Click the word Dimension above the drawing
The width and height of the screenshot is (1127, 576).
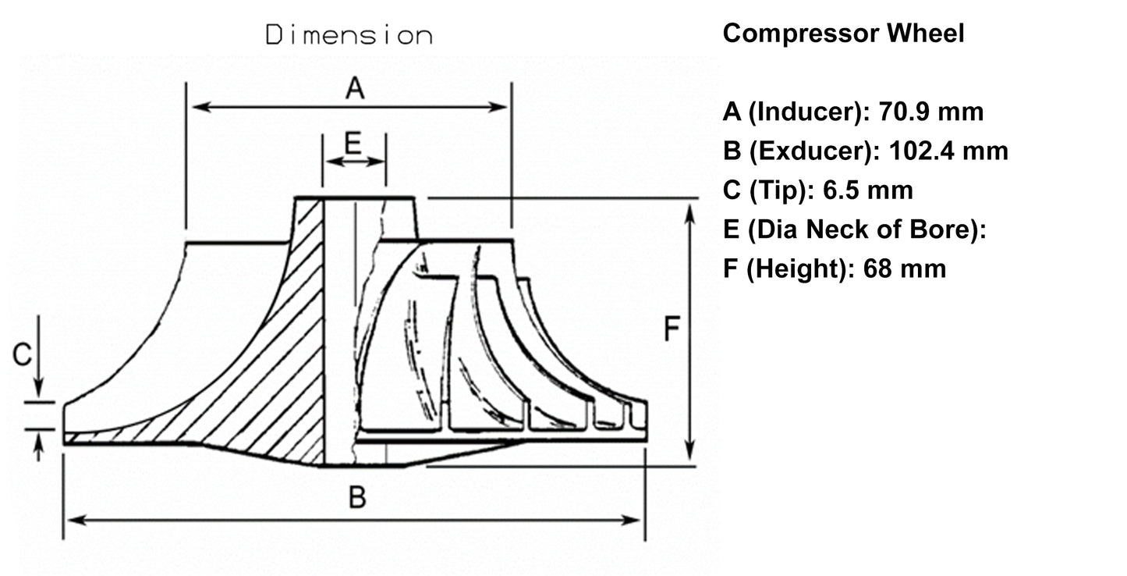(x=349, y=36)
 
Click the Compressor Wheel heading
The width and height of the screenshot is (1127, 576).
(x=843, y=34)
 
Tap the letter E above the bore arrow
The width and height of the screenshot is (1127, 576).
(x=353, y=144)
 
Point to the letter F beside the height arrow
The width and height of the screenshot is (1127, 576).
(x=672, y=330)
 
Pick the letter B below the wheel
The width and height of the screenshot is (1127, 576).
(x=356, y=497)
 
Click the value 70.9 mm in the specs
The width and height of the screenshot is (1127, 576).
(x=931, y=112)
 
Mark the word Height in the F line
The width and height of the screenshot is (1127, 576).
(x=799, y=269)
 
